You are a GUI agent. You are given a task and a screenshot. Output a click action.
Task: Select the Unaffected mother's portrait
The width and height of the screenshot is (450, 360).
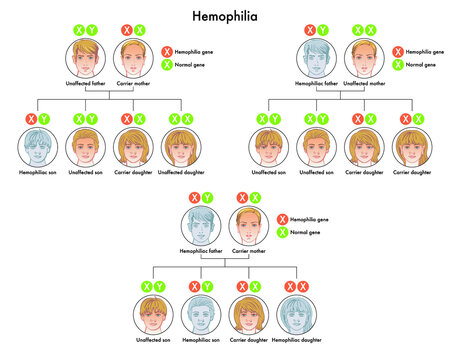click(365, 62)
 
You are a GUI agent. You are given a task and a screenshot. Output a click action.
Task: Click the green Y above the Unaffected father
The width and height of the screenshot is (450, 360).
click(92, 31)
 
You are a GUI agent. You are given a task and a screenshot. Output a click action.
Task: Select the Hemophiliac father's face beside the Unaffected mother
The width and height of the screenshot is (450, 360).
click(317, 62)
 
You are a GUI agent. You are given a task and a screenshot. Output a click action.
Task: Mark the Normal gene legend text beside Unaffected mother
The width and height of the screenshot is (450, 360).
click(420, 64)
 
